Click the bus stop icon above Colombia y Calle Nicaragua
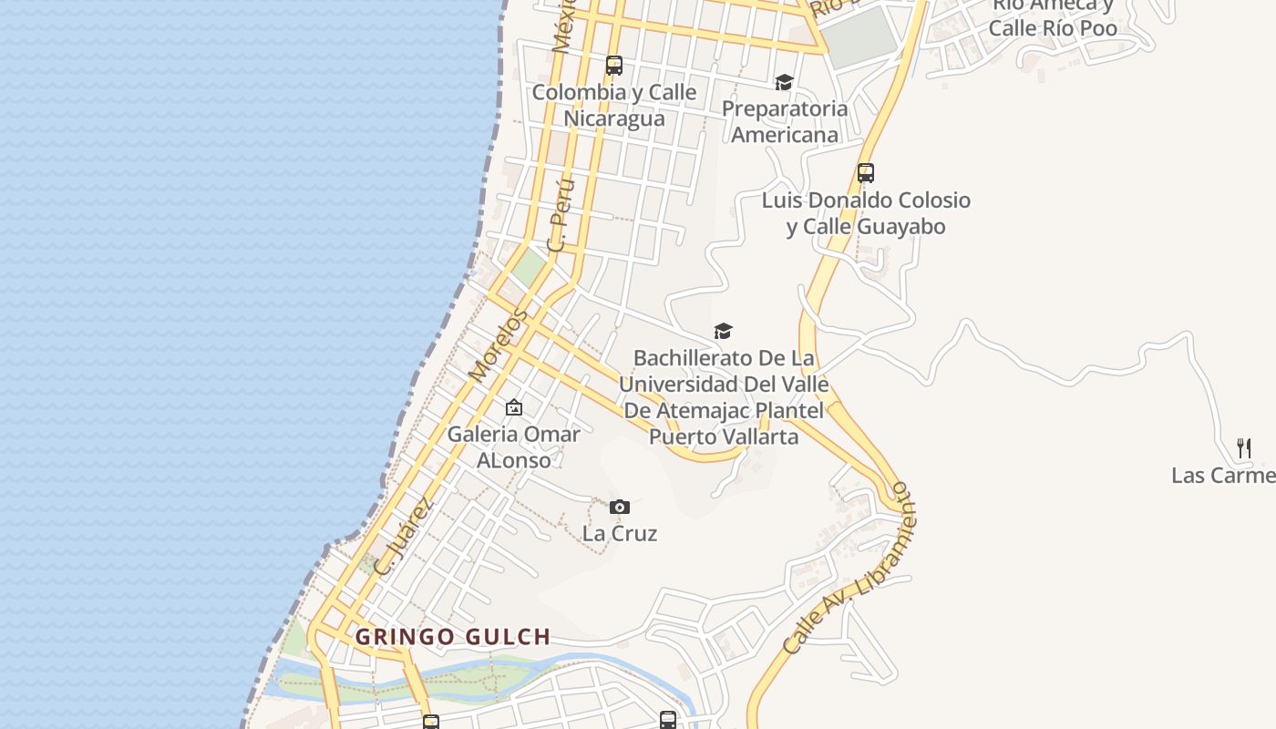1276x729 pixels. (614, 66)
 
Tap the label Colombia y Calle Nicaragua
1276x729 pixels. (614, 106)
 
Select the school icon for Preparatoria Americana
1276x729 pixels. (784, 83)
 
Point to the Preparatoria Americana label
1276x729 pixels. (785, 122)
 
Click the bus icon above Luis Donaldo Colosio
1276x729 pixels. (866, 172)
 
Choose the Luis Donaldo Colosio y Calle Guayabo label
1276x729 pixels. (866, 213)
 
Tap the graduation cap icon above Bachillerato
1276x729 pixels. (723, 331)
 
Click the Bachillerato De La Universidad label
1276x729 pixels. (724, 397)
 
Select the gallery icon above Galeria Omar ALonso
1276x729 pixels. (514, 407)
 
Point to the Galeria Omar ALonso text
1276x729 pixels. (514, 447)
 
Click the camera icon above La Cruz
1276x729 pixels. (620, 507)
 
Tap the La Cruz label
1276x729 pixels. (620, 533)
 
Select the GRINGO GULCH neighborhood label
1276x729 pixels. (453, 637)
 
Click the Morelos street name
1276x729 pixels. (498, 345)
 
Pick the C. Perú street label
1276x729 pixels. (561, 215)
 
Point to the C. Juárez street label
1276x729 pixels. (404, 536)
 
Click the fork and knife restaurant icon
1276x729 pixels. (1244, 447)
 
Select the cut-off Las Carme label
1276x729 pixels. (1223, 476)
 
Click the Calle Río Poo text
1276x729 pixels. (1053, 28)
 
